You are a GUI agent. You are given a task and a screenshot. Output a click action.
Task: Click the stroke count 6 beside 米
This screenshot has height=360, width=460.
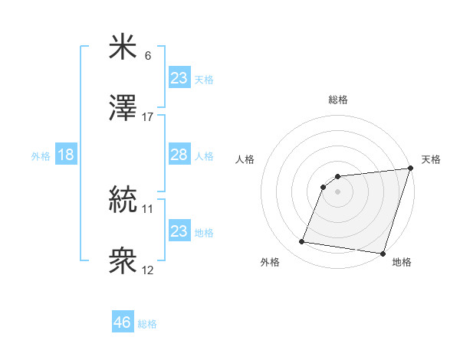click(148, 56)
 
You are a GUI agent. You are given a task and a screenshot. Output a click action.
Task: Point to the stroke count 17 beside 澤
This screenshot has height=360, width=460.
click(148, 117)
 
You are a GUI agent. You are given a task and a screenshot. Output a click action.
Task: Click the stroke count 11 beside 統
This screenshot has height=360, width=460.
click(148, 208)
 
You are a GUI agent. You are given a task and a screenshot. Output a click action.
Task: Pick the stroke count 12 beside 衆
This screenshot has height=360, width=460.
click(148, 270)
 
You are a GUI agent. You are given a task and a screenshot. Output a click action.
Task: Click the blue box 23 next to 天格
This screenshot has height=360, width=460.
click(179, 78)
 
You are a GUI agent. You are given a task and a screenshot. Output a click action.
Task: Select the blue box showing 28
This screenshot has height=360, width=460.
click(179, 155)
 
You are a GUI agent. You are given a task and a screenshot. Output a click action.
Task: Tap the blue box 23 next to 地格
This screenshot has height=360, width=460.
click(179, 231)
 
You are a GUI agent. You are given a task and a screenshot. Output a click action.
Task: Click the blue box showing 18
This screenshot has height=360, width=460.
click(66, 155)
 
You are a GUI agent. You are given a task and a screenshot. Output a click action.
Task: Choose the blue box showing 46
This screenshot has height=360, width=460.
click(123, 322)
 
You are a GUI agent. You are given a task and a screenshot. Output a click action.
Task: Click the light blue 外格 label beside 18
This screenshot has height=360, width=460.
click(41, 156)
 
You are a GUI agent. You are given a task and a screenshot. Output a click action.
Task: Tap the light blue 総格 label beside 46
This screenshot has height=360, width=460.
click(147, 324)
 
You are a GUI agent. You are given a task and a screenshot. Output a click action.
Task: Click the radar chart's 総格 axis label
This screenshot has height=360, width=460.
click(338, 100)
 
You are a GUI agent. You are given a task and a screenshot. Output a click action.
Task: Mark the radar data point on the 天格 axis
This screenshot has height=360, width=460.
click(411, 169)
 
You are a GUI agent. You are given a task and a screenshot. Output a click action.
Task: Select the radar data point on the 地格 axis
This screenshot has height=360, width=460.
click(383, 254)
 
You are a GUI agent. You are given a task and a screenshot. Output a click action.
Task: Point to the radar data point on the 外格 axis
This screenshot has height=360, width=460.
click(302, 242)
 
